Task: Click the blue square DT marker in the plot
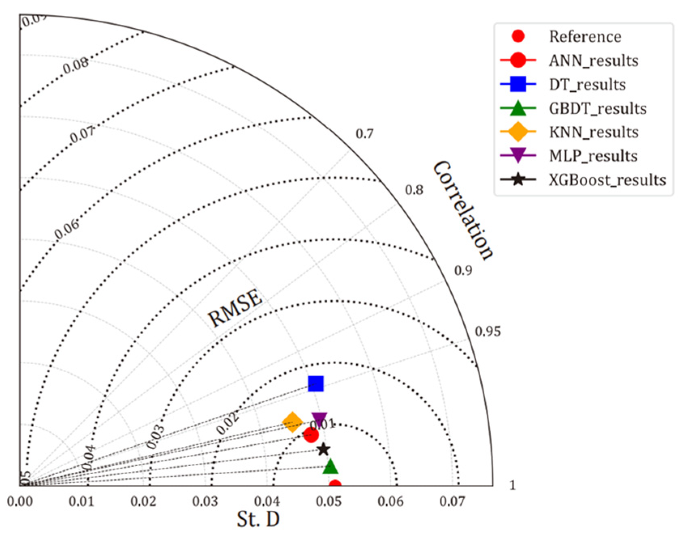pyautogui.click(x=315, y=383)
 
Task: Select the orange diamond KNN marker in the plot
pyautogui.click(x=292, y=422)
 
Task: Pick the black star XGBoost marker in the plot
pyautogui.click(x=323, y=449)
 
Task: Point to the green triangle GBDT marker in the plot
pyautogui.click(x=330, y=467)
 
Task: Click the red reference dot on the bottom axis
pyautogui.click(x=335, y=484)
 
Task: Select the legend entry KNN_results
pyautogui.click(x=594, y=132)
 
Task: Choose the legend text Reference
pyautogui.click(x=585, y=36)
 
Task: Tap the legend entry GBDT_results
pyautogui.click(x=598, y=108)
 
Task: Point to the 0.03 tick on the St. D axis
pyautogui.click(x=205, y=502)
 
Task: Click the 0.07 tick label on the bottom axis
pyautogui.click(x=452, y=502)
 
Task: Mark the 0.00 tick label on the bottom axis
pyautogui.click(x=19, y=502)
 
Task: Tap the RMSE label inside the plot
pyautogui.click(x=235, y=308)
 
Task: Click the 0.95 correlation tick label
pyautogui.click(x=488, y=332)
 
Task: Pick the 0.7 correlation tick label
pyautogui.click(x=364, y=134)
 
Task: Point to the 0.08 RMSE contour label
pyautogui.click(x=76, y=65)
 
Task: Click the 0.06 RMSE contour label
pyautogui.click(x=67, y=229)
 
